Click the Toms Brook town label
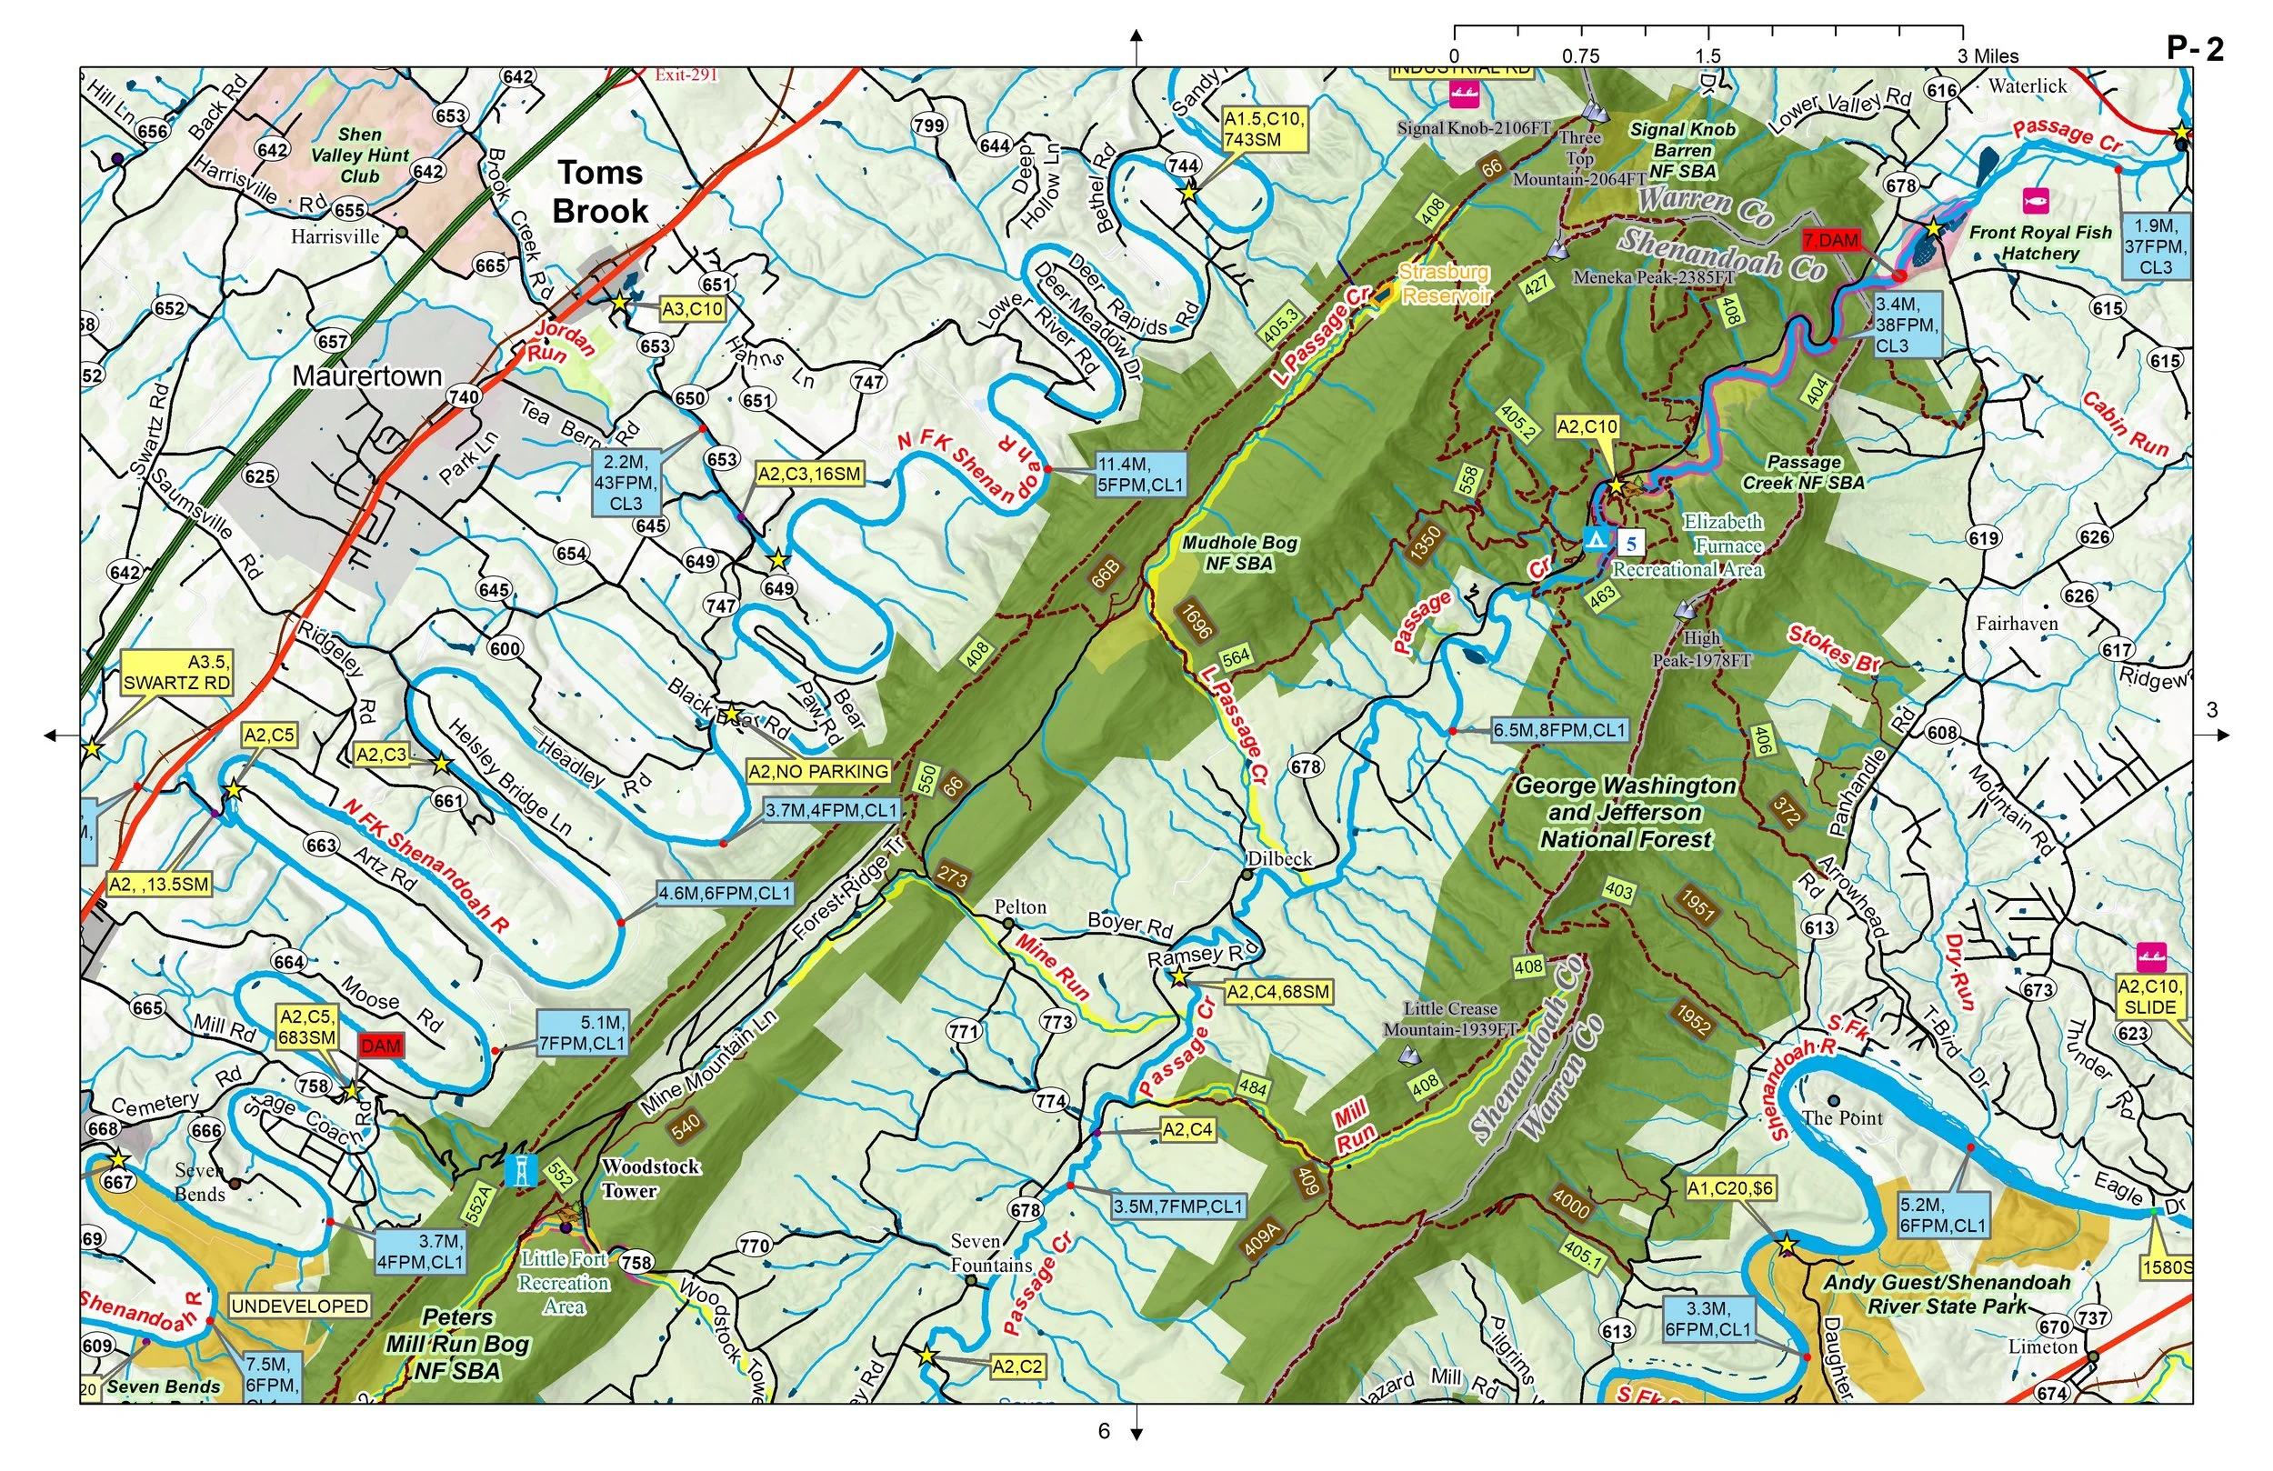601,192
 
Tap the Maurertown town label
366,376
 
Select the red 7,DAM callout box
1831,241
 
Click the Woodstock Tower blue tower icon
523,1171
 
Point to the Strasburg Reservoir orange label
1444,284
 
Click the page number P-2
2195,49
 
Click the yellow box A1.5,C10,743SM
1264,129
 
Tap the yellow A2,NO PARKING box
818,771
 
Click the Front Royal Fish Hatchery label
2040,243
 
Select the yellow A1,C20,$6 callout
1730,1188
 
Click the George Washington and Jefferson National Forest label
1625,812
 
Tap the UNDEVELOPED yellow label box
300,1306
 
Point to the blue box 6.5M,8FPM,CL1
1558,730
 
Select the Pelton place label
1020,906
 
